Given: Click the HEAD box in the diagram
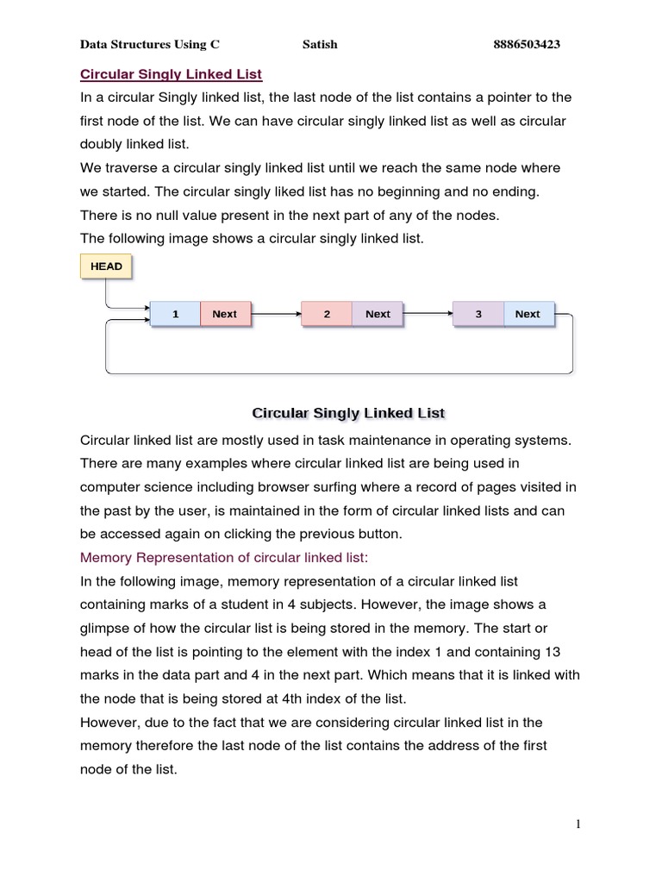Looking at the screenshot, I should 106,266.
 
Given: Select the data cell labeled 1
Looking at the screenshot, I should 175,314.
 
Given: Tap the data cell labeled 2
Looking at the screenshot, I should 327,314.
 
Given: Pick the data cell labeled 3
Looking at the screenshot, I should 478,314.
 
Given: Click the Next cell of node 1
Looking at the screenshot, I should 224,314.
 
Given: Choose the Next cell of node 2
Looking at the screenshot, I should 378,314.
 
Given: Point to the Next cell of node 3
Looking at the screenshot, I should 528,314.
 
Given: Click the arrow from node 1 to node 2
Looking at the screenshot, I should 275,315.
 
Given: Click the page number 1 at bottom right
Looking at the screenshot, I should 578,824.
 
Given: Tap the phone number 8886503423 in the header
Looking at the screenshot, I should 528,45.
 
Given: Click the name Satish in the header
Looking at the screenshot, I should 320,45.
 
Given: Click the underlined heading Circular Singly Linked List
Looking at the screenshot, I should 171,75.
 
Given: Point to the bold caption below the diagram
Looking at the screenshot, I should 347,413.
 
